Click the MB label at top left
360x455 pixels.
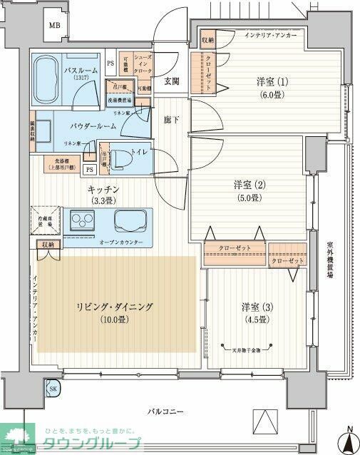[x=54, y=26]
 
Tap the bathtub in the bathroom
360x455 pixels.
[x=50, y=72]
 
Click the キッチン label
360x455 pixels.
[x=103, y=190]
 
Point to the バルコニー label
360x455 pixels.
[x=168, y=412]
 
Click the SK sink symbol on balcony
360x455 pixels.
[x=53, y=389]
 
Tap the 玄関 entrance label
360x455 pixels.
[x=171, y=82]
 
